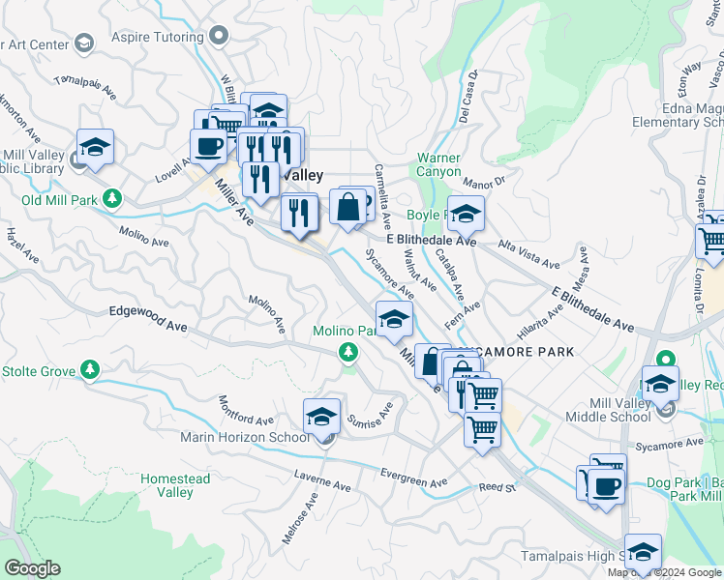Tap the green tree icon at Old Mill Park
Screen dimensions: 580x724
coord(113,199)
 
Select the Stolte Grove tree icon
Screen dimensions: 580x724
coord(90,369)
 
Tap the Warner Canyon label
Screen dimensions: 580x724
coord(438,164)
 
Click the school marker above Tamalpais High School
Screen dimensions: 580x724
coord(643,551)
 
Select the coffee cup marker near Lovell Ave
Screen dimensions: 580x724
coord(208,146)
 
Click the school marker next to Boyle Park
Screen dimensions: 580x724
coord(466,214)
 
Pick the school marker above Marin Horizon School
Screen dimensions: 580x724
coord(321,417)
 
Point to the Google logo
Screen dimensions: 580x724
coord(32,568)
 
